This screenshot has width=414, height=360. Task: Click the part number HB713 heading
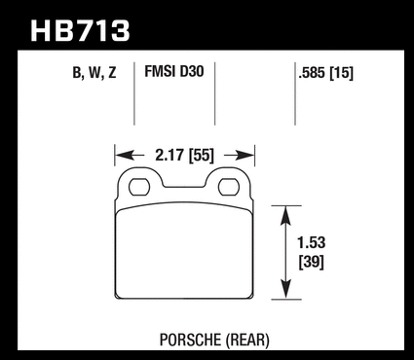pyautogui.click(x=80, y=31)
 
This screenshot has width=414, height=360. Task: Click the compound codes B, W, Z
pyautogui.click(x=94, y=73)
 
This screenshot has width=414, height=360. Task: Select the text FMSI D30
pyautogui.click(x=174, y=71)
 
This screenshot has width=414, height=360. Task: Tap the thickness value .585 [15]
pyautogui.click(x=325, y=73)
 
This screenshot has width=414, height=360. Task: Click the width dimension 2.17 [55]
pyautogui.click(x=184, y=156)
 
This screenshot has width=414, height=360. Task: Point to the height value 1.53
pyautogui.click(x=312, y=242)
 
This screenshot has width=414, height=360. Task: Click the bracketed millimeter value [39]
pyautogui.click(x=312, y=262)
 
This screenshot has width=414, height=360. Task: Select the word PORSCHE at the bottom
pyautogui.click(x=190, y=340)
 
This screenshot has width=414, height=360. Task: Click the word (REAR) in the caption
pyautogui.click(x=247, y=341)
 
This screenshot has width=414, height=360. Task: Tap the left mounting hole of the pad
pyautogui.click(x=139, y=187)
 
